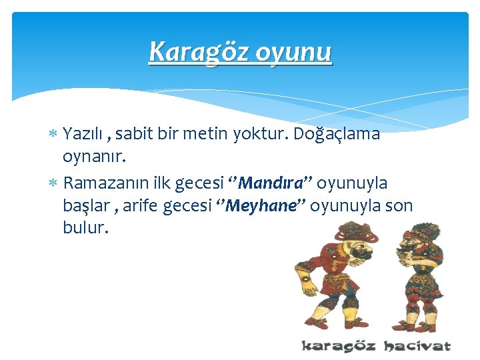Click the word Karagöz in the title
coord(191,51)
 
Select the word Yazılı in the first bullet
coord(85,134)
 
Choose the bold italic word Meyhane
coord(261,205)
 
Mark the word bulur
coord(85,229)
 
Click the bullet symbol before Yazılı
coord(54,135)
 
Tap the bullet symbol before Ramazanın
coord(54,183)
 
